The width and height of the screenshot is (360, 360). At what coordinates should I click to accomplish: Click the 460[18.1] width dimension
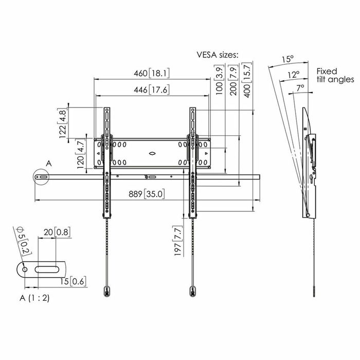click(152, 74)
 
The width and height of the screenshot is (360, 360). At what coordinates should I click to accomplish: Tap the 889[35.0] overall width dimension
click(147, 194)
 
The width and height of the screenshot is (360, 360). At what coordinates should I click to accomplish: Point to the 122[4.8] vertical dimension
click(63, 123)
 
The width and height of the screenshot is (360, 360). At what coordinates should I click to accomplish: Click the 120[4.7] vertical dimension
click(66, 153)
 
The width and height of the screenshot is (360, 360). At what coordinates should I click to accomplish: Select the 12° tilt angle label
click(293, 75)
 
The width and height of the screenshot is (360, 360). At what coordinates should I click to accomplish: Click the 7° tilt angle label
click(300, 88)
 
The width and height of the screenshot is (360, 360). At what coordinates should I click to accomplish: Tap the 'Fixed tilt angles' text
click(335, 75)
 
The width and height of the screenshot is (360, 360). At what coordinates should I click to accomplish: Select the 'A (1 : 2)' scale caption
click(34, 298)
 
